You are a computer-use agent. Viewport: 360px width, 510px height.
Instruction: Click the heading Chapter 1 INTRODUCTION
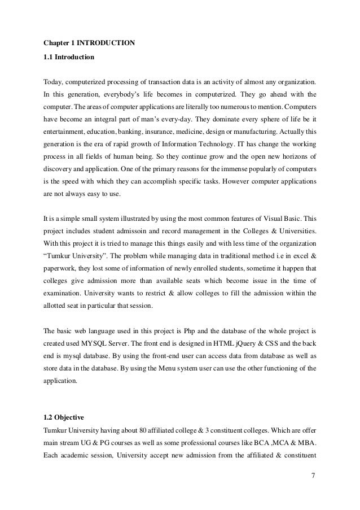point(89,41)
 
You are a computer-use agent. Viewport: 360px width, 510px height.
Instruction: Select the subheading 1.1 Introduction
point(69,57)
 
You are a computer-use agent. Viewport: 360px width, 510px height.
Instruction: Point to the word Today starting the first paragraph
point(53,81)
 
